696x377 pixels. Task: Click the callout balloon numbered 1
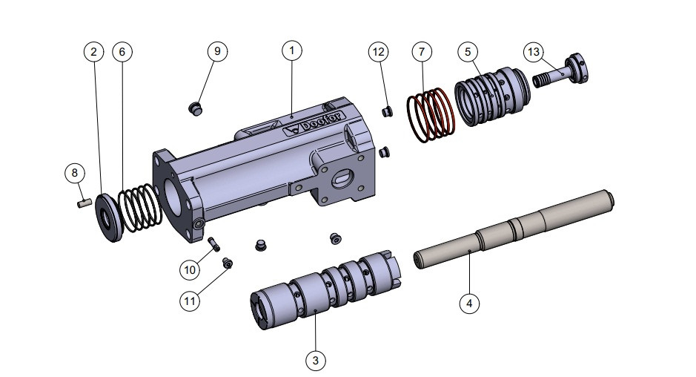coord(292,50)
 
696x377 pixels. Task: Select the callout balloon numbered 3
coord(316,361)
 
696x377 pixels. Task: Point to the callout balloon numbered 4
coord(468,303)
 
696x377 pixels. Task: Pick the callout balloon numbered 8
coord(74,173)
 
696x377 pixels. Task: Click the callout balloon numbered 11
coord(190,301)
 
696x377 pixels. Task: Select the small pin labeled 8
coord(84,200)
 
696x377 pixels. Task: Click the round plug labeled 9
coord(196,108)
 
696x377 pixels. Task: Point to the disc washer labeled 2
coord(111,217)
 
